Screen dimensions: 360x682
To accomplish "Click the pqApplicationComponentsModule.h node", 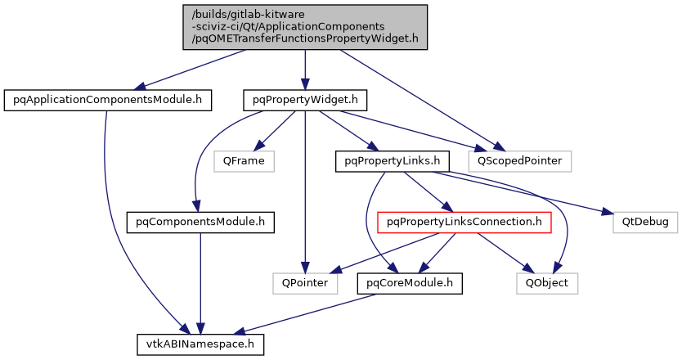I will (108, 101).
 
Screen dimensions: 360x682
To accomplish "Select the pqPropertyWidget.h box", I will (304, 101).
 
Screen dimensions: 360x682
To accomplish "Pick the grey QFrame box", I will (243, 160).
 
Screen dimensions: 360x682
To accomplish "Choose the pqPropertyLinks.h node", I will (382, 160).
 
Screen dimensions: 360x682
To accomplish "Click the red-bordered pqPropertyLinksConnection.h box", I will (464, 221).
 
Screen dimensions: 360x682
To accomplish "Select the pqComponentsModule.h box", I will (200, 221).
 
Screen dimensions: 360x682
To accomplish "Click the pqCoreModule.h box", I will (410, 283).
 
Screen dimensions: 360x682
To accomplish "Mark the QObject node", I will (547, 283).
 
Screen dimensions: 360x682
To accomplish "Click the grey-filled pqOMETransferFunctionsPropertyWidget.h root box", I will (304, 26).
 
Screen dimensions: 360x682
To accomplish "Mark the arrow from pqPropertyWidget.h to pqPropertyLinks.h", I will (343, 131).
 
